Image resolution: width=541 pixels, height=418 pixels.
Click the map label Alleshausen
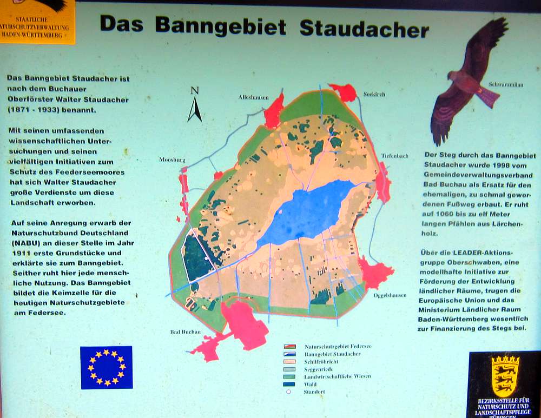pyautogui.click(x=253, y=97)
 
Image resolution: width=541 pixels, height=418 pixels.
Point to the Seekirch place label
pyautogui.click(x=374, y=94)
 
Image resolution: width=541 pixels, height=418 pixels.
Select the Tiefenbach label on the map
pyautogui.click(x=394, y=155)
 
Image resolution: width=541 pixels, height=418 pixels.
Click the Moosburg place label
pyautogui.click(x=173, y=160)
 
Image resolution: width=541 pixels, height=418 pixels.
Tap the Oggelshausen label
pyautogui.click(x=390, y=295)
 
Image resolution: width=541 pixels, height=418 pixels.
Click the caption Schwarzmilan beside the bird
pyautogui.click(x=506, y=84)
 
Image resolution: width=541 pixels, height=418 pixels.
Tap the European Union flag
pyautogui.click(x=106, y=367)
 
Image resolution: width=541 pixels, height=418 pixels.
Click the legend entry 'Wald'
pyautogui.click(x=310, y=384)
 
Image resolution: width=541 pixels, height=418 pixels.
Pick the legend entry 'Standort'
pyautogui.click(x=314, y=392)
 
